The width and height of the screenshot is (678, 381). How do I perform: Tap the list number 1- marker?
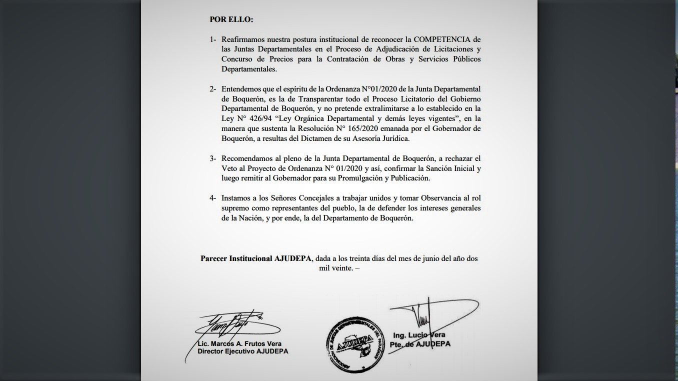tap(213, 39)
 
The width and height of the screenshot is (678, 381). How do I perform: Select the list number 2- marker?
tap(213, 89)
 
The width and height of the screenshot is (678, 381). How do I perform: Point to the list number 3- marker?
tap(213, 158)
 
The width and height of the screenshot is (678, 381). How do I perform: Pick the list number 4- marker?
tap(213, 198)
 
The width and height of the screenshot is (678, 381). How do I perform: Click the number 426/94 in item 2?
tap(256, 118)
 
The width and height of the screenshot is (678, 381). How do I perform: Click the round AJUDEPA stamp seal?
tap(356, 344)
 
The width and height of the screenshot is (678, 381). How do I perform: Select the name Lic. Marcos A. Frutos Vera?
tap(239, 343)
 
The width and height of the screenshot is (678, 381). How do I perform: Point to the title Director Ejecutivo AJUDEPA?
tap(242, 351)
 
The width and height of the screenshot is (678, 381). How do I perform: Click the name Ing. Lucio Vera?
tap(419, 335)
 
